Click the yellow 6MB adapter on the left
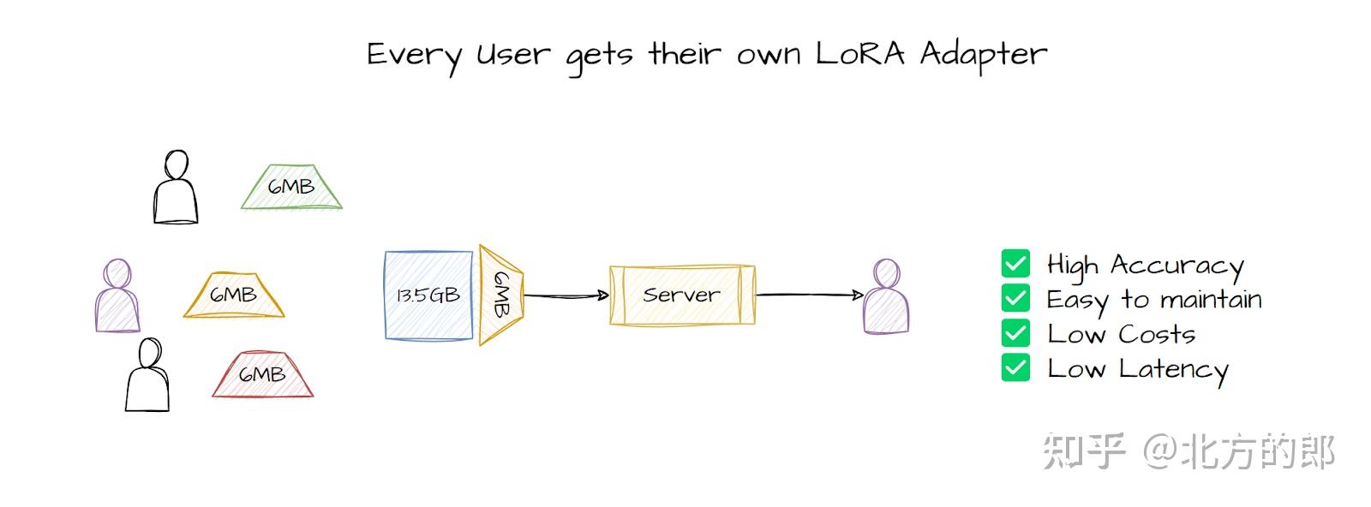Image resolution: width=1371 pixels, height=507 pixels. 233,295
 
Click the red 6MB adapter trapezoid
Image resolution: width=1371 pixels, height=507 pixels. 262,375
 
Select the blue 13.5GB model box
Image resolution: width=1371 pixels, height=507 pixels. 428,295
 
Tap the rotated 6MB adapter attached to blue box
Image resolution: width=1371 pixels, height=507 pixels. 501,295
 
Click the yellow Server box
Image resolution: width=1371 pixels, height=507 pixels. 682,295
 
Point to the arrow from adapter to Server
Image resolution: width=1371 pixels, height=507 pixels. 566,295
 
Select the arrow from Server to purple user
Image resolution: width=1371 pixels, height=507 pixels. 810,295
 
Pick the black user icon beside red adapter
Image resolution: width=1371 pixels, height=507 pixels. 147,376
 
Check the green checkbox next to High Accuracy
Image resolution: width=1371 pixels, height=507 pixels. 1015,264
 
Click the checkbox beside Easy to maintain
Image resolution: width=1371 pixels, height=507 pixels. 1015,298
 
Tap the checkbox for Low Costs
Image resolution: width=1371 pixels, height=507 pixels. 1015,333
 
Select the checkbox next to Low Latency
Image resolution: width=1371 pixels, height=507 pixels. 1015,368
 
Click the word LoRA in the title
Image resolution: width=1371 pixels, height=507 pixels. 859,54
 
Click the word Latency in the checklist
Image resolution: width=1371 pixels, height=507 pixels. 1173,370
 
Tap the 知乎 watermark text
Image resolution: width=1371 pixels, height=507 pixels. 1083,452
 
